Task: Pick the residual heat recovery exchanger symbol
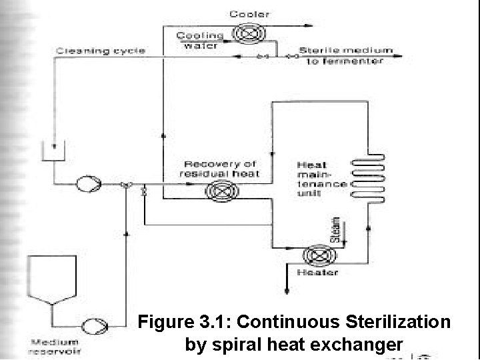tap(217, 191)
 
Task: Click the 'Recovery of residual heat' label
tap(219, 169)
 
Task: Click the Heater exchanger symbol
tap(313, 257)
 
